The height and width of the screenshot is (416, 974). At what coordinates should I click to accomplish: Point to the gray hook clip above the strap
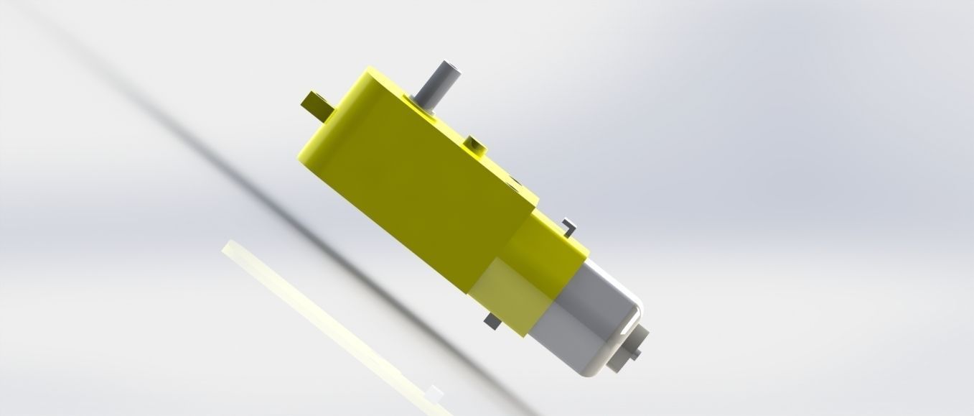click(568, 224)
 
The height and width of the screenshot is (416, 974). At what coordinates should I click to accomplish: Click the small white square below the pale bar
click(433, 392)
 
